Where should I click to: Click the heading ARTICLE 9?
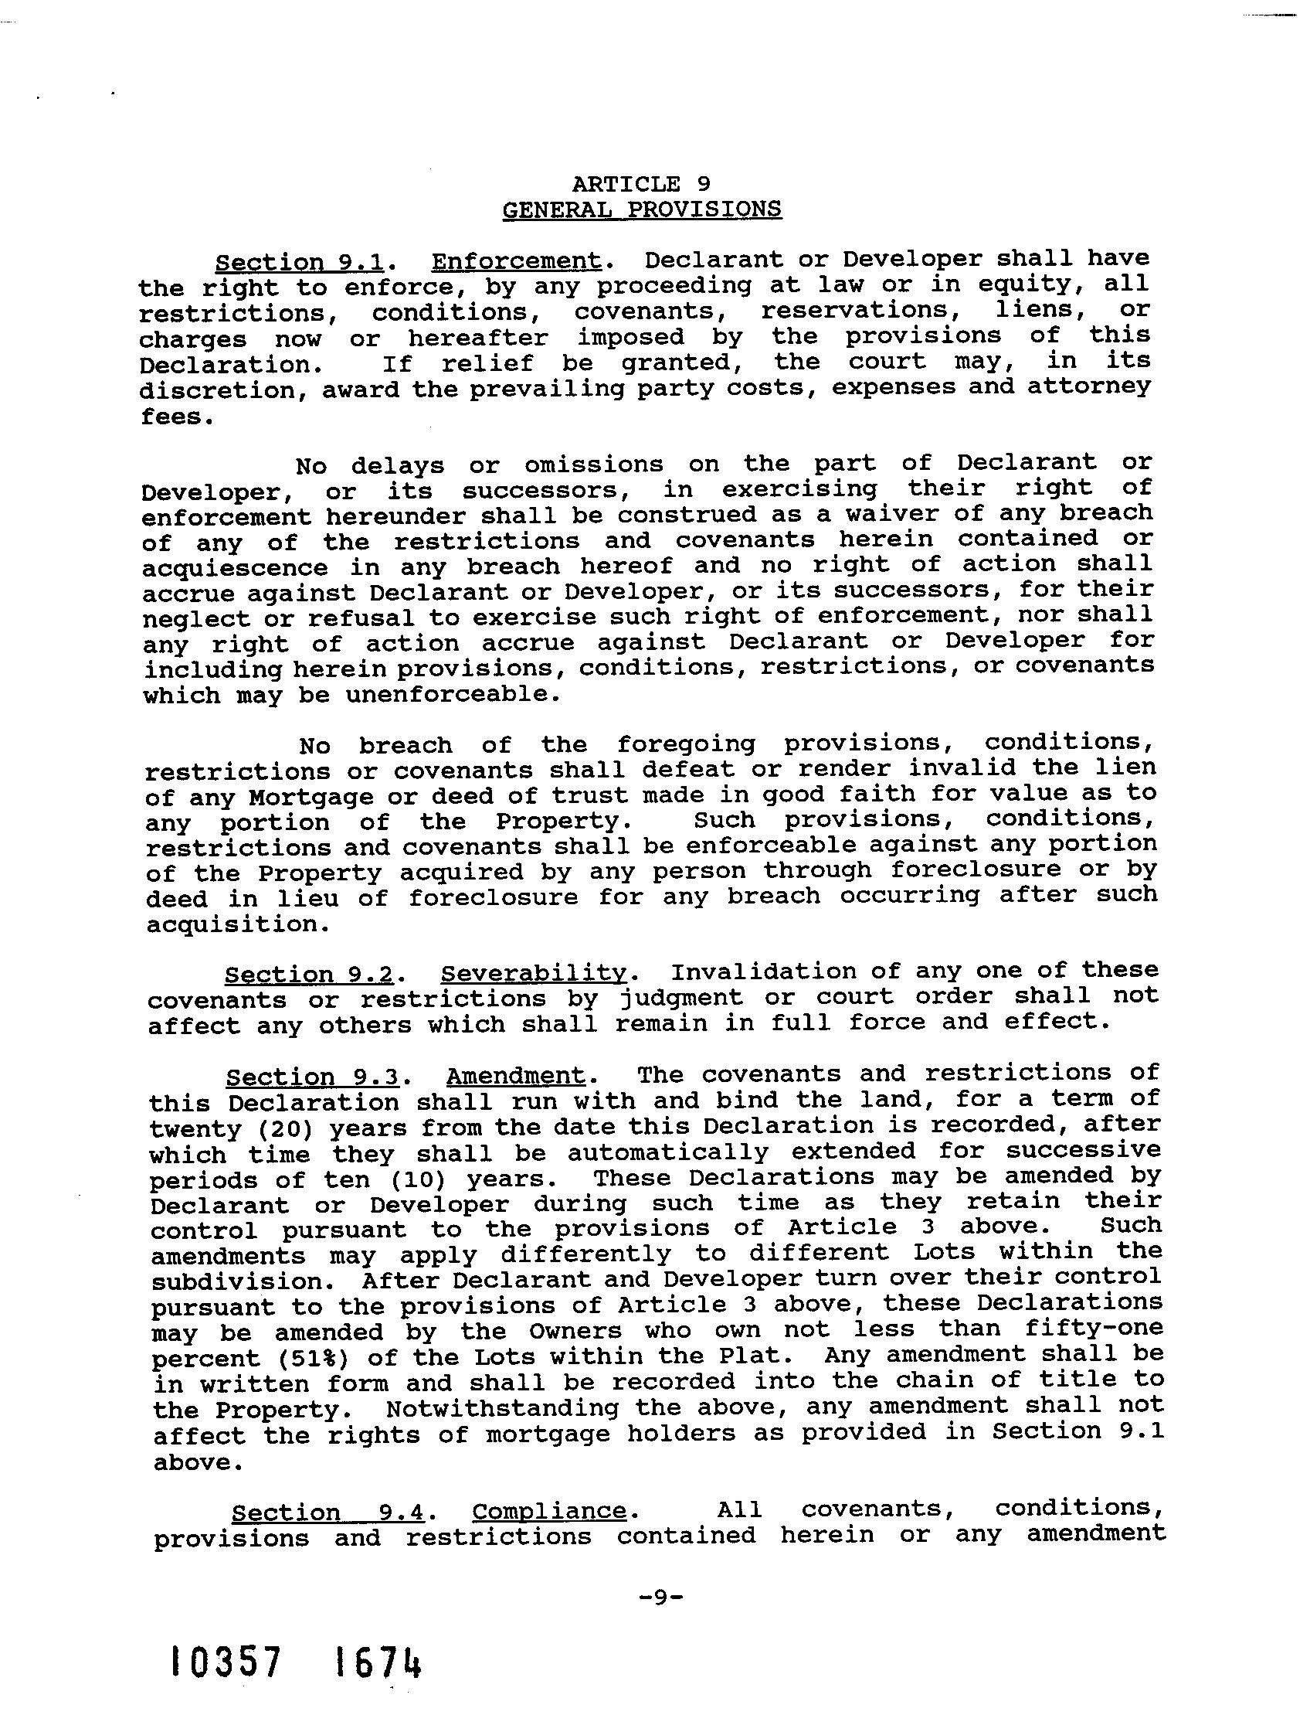(x=641, y=184)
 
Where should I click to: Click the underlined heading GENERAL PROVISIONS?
(x=641, y=210)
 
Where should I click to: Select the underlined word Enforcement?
(x=516, y=260)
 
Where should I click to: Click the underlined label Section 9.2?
(x=309, y=975)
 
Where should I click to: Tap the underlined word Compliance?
(x=549, y=1510)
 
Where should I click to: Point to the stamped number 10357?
(x=226, y=1662)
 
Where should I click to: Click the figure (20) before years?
(x=284, y=1128)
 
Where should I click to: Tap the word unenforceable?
(x=453, y=694)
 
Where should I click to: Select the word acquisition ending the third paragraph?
(x=237, y=924)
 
